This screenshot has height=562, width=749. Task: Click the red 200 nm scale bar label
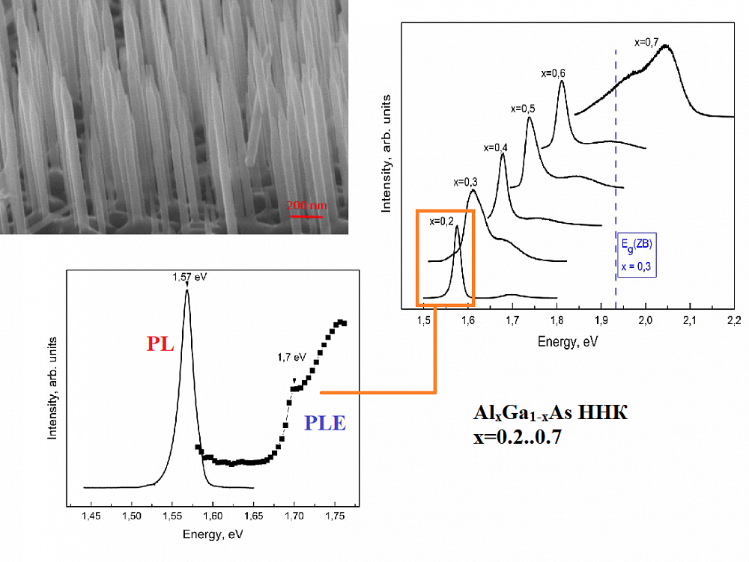click(x=306, y=205)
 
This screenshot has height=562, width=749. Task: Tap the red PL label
click(x=160, y=344)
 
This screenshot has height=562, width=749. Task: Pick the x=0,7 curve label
click(x=646, y=42)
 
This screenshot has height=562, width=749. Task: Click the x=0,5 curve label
click(x=522, y=109)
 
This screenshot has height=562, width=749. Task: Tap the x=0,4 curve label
click(x=496, y=147)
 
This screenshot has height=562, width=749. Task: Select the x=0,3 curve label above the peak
click(x=465, y=182)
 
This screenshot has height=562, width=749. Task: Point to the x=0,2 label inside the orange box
click(x=442, y=221)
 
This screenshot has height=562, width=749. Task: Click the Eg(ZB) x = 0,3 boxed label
click(x=634, y=255)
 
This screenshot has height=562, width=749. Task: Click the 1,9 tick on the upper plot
click(x=601, y=322)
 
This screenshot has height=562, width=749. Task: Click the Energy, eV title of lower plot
click(x=213, y=536)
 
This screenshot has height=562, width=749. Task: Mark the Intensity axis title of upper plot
click(x=386, y=153)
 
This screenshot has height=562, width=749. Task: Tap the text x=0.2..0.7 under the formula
click(x=518, y=436)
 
